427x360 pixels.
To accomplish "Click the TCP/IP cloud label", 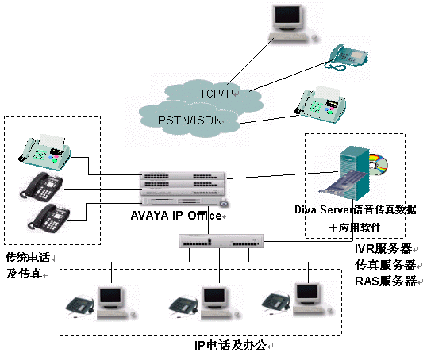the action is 216,94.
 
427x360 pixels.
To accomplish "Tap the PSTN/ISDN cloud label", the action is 190,120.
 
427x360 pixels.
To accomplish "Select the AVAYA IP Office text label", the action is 176,216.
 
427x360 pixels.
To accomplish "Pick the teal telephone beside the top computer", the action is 348,57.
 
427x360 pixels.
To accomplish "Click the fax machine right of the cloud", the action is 321,105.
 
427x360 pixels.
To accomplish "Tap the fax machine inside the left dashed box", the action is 45,151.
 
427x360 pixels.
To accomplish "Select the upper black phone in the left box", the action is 41,186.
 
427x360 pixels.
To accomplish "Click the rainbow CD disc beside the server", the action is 378,164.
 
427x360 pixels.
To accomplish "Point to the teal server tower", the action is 354,172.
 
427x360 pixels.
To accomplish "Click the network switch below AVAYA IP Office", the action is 221,241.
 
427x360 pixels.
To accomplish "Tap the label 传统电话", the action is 28,258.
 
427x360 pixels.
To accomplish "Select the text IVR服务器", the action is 383,248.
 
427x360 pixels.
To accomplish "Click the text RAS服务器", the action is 386,281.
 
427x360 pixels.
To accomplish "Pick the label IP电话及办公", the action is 230,345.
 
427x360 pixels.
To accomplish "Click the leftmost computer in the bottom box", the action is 114,303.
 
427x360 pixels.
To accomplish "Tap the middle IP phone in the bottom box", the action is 185,307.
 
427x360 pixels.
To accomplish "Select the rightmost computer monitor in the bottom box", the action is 308,295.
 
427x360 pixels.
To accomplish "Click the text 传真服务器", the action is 385,265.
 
